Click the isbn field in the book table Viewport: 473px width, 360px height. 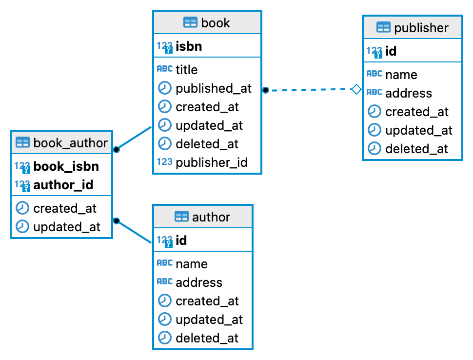click(189, 46)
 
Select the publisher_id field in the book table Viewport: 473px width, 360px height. click(212, 162)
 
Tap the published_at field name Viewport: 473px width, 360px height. click(214, 88)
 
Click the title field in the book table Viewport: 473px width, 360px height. click(187, 70)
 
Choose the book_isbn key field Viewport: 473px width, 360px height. click(66, 166)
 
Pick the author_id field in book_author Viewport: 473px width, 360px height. click(63, 185)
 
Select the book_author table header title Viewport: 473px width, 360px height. click(70, 142)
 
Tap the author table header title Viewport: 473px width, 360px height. click(211, 217)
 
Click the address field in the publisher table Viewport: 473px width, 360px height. click(409, 93)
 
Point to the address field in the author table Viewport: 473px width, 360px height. click(199, 282)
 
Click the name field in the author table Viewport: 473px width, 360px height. click(192, 264)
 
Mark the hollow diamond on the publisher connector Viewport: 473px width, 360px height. click(356, 89)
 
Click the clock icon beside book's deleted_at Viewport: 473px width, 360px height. click(165, 144)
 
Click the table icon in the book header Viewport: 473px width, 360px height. click(190, 23)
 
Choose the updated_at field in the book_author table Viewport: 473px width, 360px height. click(67, 227)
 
